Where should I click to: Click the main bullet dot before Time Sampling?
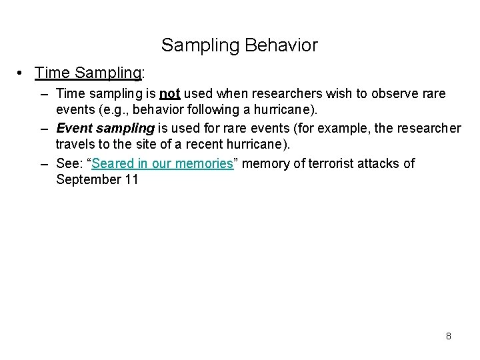[x=22, y=72]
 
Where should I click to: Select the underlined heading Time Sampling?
[x=89, y=72]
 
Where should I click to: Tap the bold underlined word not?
[x=169, y=93]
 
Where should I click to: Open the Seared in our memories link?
[x=162, y=163]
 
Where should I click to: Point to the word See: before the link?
[x=71, y=163]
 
